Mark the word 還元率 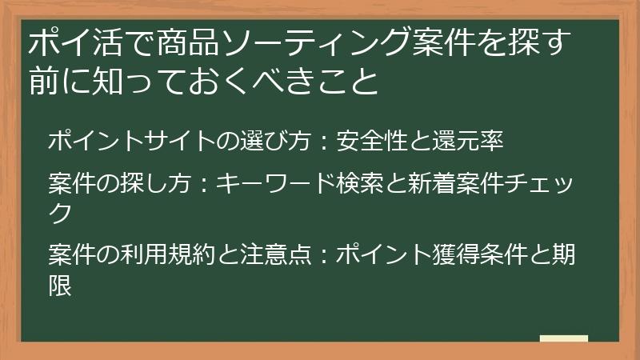(x=474, y=141)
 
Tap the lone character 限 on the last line (x=60, y=284)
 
